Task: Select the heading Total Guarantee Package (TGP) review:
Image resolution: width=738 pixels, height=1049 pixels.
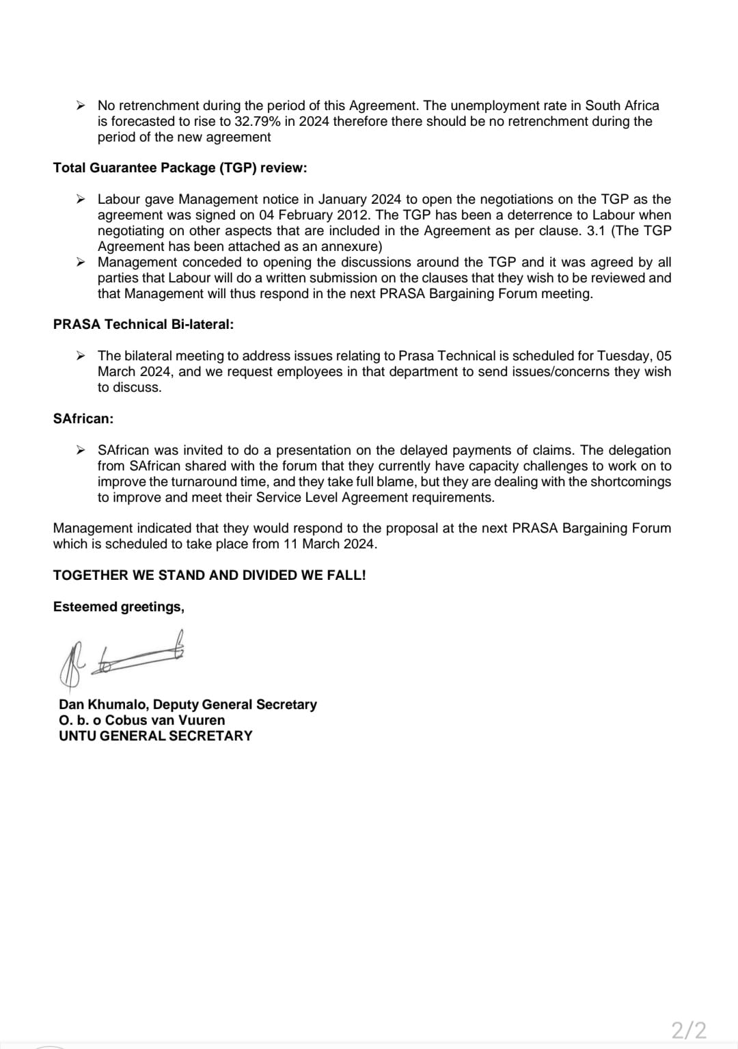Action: point(180,168)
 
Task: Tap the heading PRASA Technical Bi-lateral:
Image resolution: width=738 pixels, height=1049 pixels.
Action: point(143,324)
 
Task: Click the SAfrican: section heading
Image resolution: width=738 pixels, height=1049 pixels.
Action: point(83,419)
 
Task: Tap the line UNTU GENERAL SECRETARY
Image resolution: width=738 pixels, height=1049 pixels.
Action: point(156,736)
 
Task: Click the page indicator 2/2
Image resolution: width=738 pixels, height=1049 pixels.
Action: point(688,1029)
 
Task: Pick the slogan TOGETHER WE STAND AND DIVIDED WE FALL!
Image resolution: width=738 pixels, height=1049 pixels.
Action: point(209,575)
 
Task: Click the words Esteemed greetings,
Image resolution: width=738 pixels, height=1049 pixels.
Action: point(118,607)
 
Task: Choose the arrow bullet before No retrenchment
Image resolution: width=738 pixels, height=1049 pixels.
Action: point(81,105)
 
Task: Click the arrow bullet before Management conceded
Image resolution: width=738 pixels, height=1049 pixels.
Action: point(81,262)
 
